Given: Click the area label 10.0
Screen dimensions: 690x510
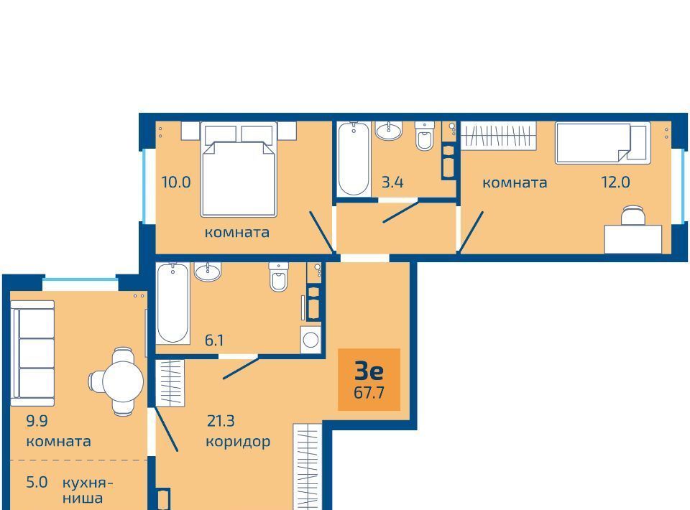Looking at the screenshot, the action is (176, 182).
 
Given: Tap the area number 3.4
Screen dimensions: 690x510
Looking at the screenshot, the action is (392, 182).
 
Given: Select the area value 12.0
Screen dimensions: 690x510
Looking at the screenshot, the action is (616, 182).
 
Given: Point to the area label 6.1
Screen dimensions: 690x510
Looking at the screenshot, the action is (214, 340).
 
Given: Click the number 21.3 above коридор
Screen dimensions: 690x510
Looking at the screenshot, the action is (221, 421).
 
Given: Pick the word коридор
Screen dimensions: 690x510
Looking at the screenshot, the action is (238, 442).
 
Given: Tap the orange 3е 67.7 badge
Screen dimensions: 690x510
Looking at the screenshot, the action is (369, 379).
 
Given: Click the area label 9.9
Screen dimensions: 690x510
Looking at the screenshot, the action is (37, 421).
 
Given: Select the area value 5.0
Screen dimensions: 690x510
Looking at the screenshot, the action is (37, 482).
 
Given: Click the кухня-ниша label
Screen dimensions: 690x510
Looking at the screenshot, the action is (88, 490).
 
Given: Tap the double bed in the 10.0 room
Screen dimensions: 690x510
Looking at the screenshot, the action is (239, 170).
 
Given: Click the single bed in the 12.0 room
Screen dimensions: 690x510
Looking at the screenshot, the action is (602, 143).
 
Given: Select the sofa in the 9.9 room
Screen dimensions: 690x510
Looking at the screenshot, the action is (32, 353).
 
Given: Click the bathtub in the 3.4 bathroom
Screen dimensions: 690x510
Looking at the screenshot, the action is (354, 159).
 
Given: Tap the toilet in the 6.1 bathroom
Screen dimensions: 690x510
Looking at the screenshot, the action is (279, 277).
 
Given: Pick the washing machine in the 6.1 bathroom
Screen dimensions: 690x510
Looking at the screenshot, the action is (310, 340).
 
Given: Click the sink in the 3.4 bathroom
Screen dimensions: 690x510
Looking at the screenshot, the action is (389, 131).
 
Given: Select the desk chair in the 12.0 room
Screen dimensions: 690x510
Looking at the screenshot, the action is (632, 215).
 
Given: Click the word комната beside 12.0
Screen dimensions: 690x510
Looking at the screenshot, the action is (515, 182).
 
